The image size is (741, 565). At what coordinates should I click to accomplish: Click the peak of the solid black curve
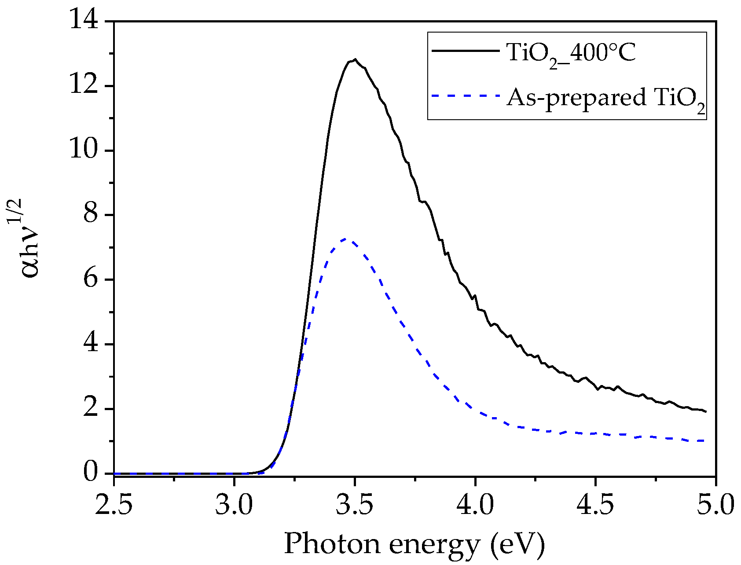pyautogui.click(x=355, y=59)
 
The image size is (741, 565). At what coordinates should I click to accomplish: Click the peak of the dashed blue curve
pyautogui.click(x=346, y=239)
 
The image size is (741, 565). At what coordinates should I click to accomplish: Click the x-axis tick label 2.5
pyautogui.click(x=114, y=505)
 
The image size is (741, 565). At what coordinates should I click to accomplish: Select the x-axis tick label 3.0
pyautogui.click(x=234, y=505)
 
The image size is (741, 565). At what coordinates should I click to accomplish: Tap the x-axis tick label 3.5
pyautogui.click(x=355, y=505)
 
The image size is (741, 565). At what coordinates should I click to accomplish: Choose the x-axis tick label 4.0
pyautogui.click(x=475, y=505)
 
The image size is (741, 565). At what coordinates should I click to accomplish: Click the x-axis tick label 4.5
pyautogui.click(x=595, y=505)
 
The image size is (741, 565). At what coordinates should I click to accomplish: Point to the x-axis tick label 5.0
pyautogui.click(x=715, y=505)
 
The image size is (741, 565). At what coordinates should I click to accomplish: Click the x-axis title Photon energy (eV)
pyautogui.click(x=415, y=545)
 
